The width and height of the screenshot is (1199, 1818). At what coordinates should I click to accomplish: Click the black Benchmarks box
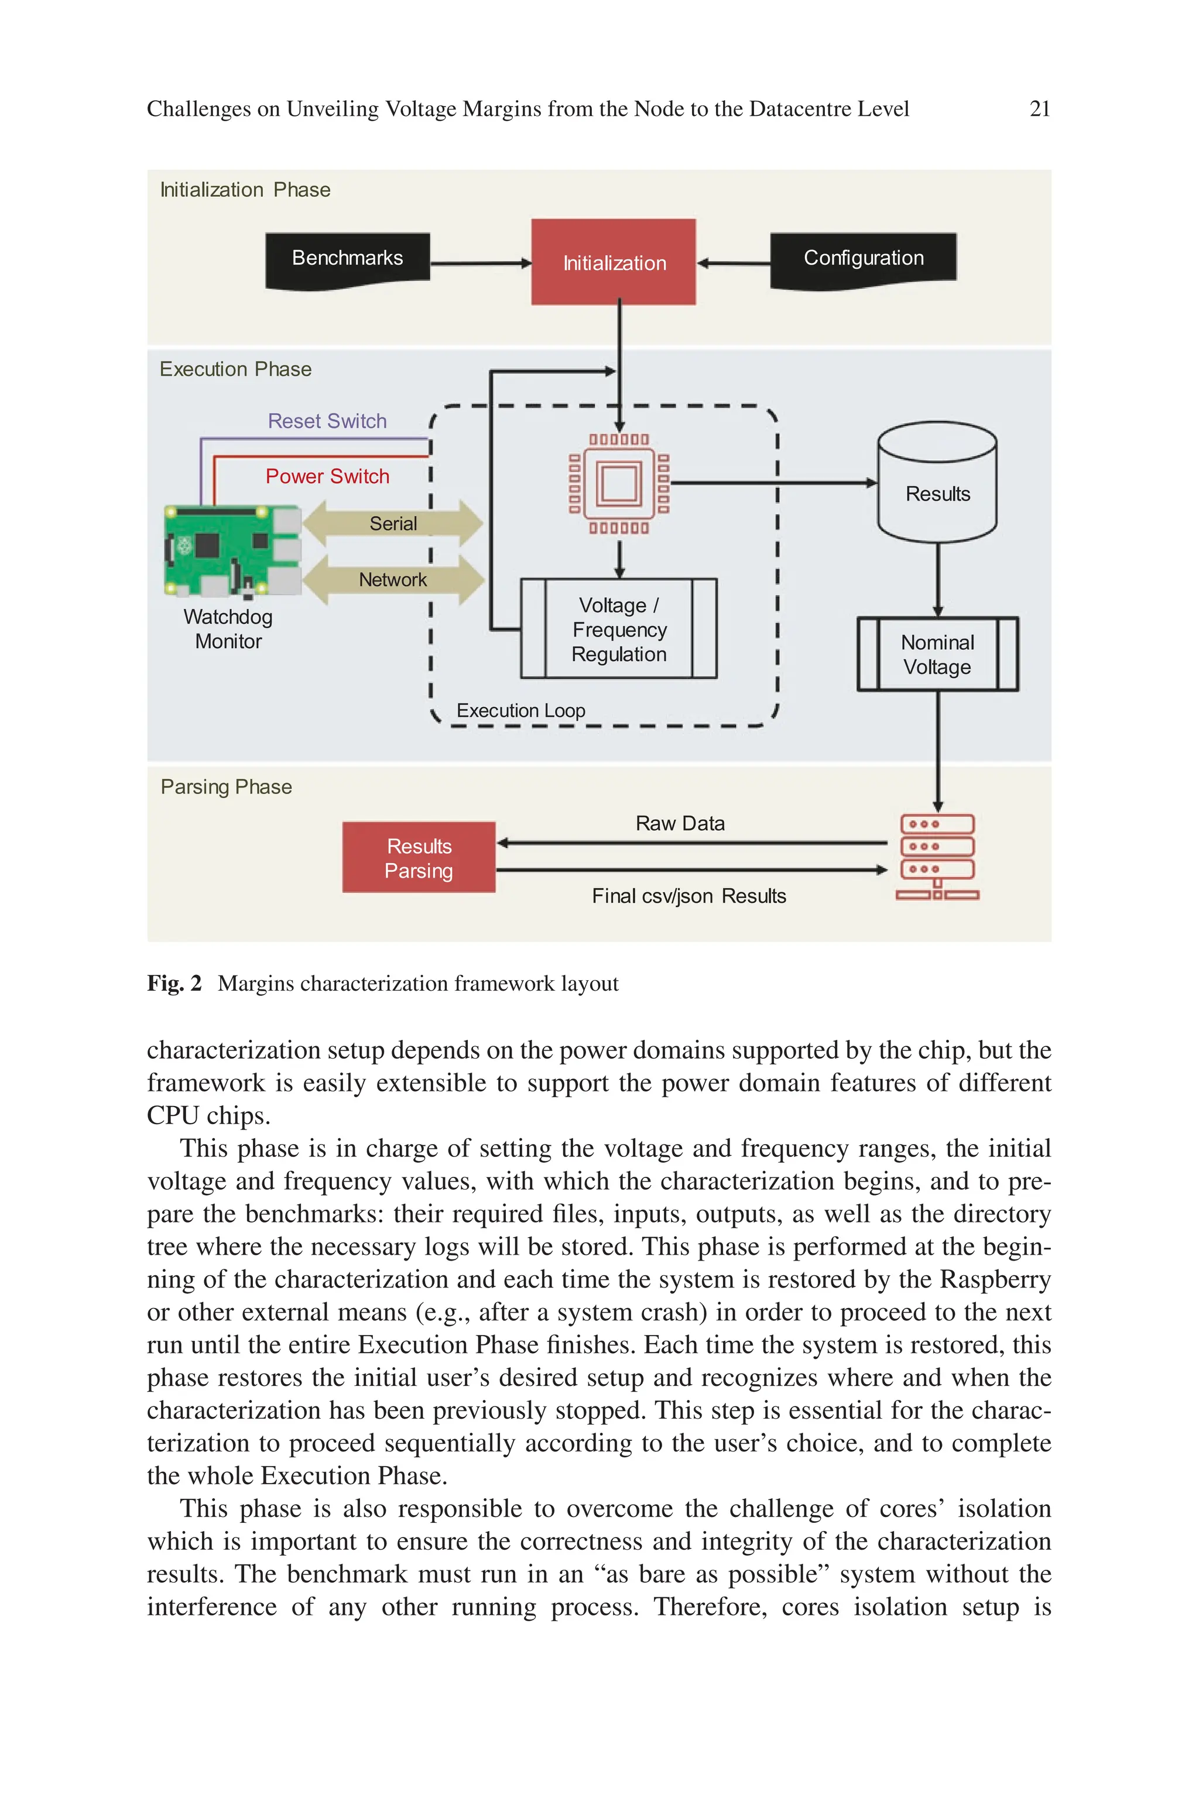point(347,260)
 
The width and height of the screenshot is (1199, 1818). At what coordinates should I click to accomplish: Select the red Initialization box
point(614,262)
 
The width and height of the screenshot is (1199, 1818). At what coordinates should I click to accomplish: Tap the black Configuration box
point(862,260)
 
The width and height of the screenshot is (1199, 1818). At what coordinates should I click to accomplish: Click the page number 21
point(1039,109)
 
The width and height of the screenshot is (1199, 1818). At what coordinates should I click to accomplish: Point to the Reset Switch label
point(327,421)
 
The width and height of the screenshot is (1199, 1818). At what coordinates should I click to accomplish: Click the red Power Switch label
point(327,476)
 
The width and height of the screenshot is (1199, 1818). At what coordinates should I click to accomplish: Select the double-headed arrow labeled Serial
point(393,523)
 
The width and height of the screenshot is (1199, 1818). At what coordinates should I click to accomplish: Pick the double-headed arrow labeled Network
point(393,580)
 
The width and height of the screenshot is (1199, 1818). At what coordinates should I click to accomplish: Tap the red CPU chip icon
point(619,483)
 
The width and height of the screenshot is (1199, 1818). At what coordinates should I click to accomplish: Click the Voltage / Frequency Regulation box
point(619,629)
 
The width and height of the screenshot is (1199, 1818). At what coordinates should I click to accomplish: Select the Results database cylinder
point(937,482)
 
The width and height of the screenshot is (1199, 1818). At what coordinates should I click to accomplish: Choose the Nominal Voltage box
point(937,655)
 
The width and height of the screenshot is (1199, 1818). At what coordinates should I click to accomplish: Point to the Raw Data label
point(680,823)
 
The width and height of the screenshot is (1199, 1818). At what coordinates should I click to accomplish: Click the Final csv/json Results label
point(688,896)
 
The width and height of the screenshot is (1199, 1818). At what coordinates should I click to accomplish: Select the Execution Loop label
point(520,710)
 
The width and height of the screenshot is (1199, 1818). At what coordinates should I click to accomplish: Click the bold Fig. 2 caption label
point(173,983)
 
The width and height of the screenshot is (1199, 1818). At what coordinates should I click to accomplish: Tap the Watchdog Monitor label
point(228,628)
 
